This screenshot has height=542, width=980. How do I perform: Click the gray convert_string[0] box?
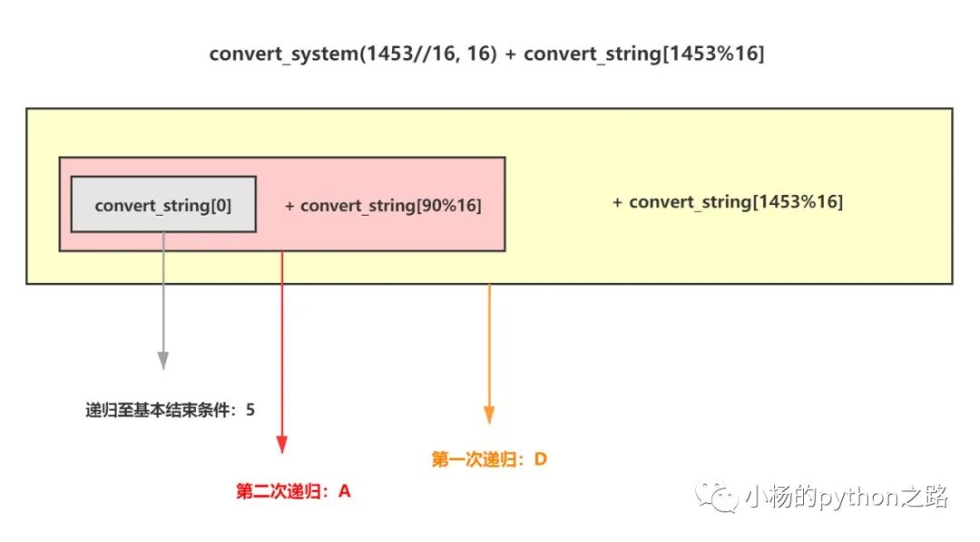tap(163, 205)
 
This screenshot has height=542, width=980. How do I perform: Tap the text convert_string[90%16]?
tap(390, 206)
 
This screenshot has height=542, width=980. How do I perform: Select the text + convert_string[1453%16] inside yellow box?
tap(728, 202)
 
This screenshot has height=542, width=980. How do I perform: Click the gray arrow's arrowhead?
tap(162, 360)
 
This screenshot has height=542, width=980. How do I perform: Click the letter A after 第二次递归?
tap(344, 491)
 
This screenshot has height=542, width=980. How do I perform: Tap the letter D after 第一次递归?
tap(540, 460)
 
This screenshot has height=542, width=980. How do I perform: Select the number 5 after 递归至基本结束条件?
tap(250, 410)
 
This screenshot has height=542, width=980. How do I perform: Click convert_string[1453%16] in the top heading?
tap(643, 53)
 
